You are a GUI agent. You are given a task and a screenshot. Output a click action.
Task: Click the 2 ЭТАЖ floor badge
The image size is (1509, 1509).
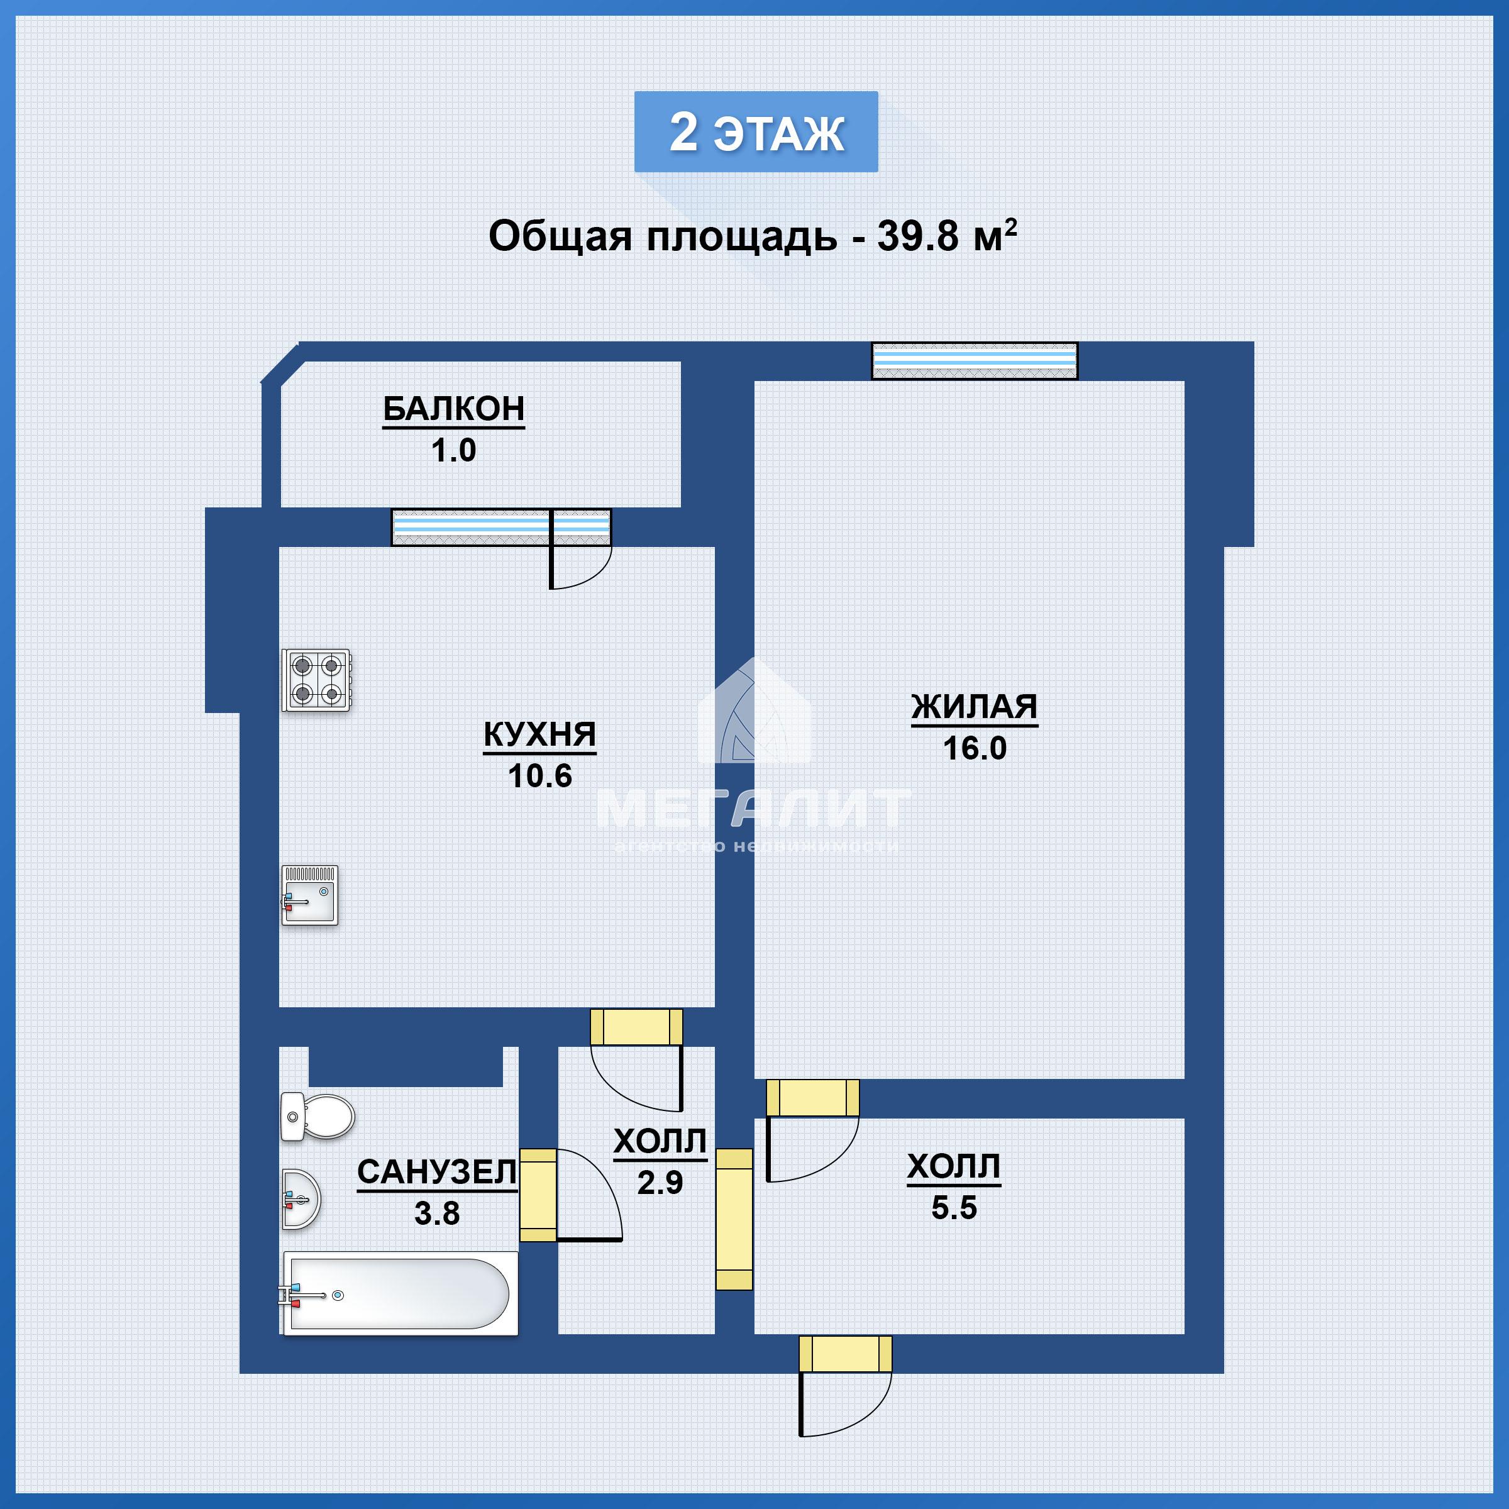pyautogui.click(x=756, y=132)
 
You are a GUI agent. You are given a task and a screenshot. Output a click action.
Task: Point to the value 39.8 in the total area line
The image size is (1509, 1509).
pyautogui.click(x=917, y=235)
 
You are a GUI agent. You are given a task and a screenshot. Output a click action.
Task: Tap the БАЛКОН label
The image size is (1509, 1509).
pyautogui.click(x=454, y=409)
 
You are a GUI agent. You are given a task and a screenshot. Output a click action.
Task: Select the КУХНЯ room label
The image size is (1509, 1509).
pyautogui.click(x=539, y=734)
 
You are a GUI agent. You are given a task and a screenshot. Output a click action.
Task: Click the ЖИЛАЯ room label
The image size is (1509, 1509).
pyautogui.click(x=975, y=707)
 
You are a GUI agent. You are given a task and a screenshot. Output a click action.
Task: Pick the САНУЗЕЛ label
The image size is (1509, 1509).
pyautogui.click(x=436, y=1173)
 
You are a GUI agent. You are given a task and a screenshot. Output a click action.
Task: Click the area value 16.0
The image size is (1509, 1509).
pyautogui.click(x=975, y=748)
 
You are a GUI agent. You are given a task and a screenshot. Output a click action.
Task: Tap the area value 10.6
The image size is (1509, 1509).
pyautogui.click(x=539, y=776)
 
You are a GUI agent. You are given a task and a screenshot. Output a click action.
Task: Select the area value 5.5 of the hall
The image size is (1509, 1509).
pyautogui.click(x=954, y=1208)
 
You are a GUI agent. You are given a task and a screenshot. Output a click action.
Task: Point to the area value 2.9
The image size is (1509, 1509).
pyautogui.click(x=660, y=1183)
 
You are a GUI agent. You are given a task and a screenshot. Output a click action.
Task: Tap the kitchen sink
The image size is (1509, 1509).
pyautogui.click(x=310, y=895)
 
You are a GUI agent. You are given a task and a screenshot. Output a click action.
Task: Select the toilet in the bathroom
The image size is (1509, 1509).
pyautogui.click(x=316, y=1117)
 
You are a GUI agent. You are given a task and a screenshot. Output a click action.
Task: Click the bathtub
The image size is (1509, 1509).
pyautogui.click(x=400, y=1294)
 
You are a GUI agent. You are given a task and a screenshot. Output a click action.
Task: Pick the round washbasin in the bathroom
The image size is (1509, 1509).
pyautogui.click(x=300, y=1200)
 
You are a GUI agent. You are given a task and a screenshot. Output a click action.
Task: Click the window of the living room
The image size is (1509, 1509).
pyautogui.click(x=975, y=361)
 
